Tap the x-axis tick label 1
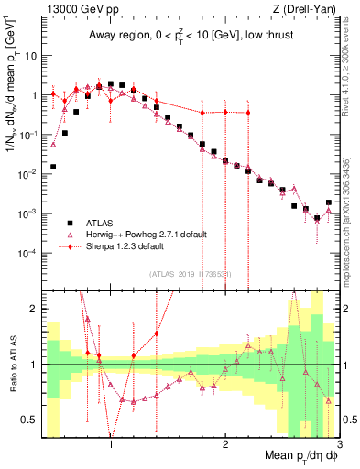coord(111,442)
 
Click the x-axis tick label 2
coord(225,442)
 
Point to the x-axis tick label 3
coord(339,442)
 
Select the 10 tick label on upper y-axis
coord(29,56)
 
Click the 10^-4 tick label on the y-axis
coord(27,253)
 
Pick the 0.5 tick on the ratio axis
coord(28,420)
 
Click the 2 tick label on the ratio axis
coord(33,309)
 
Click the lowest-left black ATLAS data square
coord(53,167)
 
